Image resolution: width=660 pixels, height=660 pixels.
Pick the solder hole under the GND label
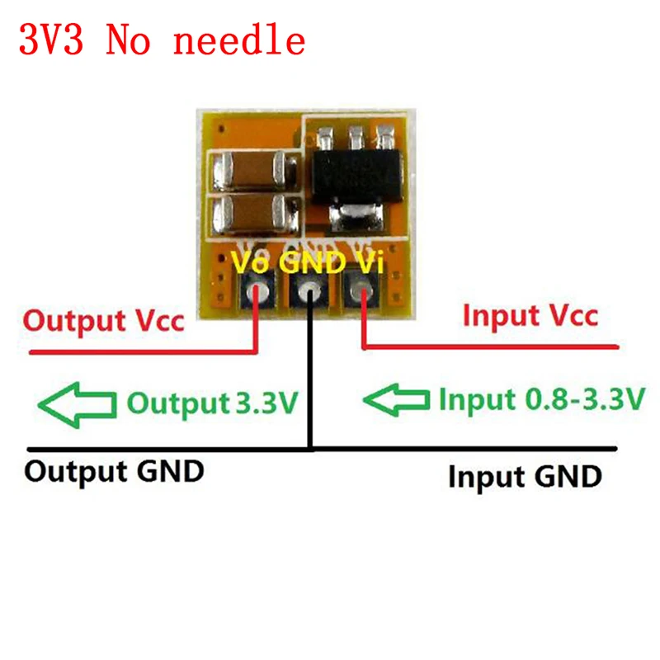310,291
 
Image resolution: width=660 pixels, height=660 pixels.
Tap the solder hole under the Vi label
361,291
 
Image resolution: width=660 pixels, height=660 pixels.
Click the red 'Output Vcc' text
104,321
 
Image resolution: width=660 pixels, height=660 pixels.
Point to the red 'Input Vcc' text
530,316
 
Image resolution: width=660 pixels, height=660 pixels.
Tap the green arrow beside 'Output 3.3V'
77,403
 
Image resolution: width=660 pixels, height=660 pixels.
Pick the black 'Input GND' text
525,476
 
